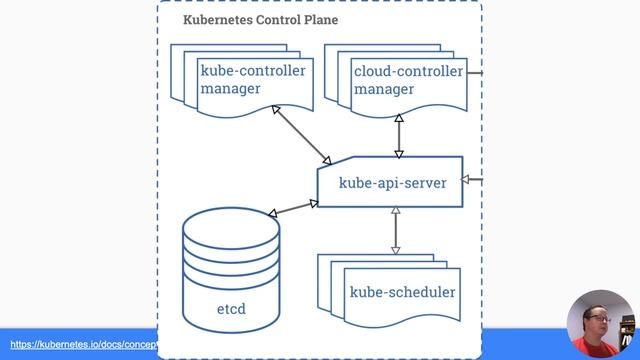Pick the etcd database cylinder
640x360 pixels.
[x=231, y=270]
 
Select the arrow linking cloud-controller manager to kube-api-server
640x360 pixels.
[x=399, y=135]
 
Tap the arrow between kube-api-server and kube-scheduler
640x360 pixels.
[x=395, y=231]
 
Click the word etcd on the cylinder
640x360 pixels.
[x=231, y=309]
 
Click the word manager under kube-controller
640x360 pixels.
[x=230, y=89]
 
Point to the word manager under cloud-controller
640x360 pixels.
[x=383, y=89]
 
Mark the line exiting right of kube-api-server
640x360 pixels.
[x=474, y=181]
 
